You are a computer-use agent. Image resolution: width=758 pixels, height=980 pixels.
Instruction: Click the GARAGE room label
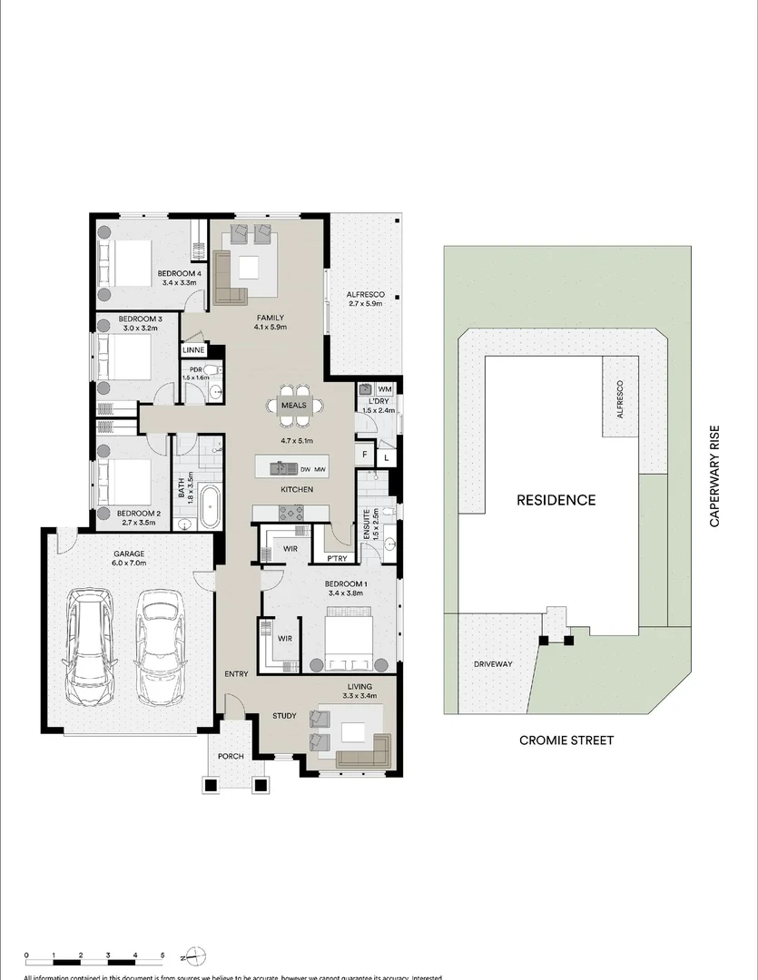pos(129,554)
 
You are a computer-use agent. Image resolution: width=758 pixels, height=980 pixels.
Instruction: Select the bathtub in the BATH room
pos(209,506)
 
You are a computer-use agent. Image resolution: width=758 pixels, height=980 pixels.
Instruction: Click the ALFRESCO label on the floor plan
pos(366,295)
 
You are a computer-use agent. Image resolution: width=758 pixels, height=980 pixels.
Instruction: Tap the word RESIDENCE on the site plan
pos(556,500)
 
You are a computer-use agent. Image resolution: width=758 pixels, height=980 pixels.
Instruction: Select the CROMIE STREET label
pos(566,740)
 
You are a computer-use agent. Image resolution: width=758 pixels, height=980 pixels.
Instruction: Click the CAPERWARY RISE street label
pos(714,476)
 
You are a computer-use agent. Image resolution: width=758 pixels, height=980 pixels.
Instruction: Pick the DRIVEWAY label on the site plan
pos(493,664)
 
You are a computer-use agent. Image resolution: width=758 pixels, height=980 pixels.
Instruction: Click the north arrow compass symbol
pos(195,955)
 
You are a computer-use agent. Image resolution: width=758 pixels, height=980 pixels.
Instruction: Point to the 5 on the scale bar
pos(162,955)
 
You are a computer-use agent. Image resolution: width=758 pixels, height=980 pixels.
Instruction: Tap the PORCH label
pos(231,756)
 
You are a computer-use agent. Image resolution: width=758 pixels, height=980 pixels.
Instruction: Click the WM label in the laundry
pos(385,389)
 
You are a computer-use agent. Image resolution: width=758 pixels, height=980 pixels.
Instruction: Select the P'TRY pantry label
pos(328,559)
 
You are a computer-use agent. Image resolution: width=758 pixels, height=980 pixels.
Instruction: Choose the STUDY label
pos(284,716)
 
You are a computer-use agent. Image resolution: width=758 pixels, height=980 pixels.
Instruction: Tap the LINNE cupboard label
pos(193,349)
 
